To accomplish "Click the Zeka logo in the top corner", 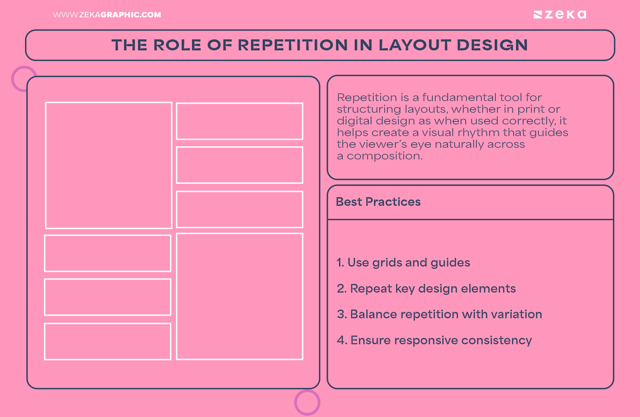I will coord(560,15).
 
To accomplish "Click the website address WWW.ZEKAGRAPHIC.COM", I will coord(107,15).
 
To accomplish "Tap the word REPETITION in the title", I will coord(293,45).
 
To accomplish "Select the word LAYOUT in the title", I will coord(415,45).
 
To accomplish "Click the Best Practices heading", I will coord(378,202).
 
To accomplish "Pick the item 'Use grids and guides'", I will coord(403,263).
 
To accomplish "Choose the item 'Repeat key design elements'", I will coord(426,289).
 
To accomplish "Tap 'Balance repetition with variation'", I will coord(439,314).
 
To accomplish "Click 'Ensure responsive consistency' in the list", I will coord(434,340).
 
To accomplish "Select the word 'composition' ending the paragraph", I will coord(384,156).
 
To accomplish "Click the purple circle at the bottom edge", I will coord(307,402).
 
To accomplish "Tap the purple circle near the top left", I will coord(23,79).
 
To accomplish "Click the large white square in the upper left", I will coord(109,165).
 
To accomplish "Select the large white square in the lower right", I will coord(240,297).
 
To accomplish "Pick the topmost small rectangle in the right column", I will coord(240,121).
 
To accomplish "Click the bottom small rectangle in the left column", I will coord(108,341).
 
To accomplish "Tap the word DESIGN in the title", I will coord(492,45).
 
